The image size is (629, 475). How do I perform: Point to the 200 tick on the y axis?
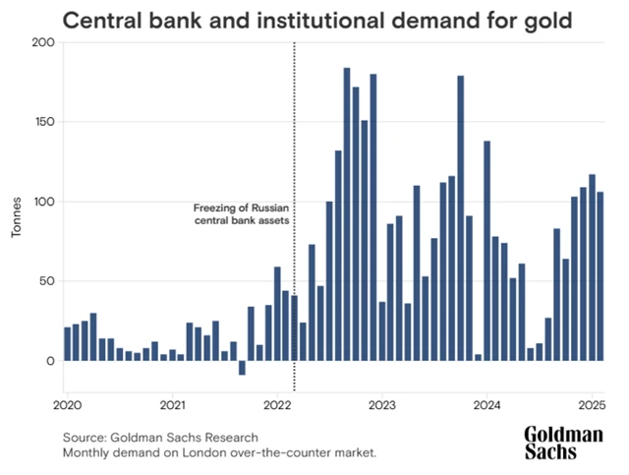(42, 43)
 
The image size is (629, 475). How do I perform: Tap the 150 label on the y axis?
(42, 123)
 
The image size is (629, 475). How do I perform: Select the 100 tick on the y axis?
(42, 203)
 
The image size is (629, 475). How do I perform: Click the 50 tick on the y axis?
(45, 282)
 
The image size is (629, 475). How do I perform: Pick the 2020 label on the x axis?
(67, 404)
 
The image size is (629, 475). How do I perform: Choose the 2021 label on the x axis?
(172, 404)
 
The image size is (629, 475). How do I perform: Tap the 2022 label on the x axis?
(277, 404)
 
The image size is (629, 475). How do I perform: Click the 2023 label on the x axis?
(382, 404)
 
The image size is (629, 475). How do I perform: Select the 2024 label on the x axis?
(487, 404)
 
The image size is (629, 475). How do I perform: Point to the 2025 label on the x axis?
(592, 404)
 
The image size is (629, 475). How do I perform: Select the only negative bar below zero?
(242, 368)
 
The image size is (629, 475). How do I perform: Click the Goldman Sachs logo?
(563, 443)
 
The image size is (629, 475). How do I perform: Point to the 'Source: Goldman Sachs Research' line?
(159, 437)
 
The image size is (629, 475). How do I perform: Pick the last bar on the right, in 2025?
(600, 276)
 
